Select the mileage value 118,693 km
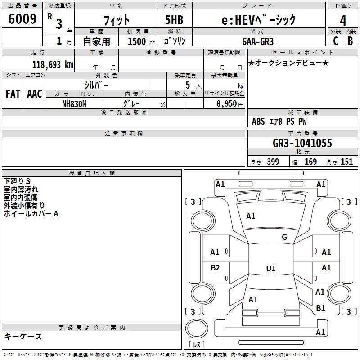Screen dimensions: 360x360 (53, 65)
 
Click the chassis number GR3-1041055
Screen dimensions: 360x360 (302, 143)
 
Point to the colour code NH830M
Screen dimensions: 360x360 (74, 103)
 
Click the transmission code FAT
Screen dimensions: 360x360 (13, 94)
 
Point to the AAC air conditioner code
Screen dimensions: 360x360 (34, 94)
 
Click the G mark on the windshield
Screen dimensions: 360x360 (284, 237)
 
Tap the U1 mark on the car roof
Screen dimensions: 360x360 (270, 268)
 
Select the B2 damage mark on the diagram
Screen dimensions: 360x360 (215, 268)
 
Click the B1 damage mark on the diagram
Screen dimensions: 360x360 (320, 308)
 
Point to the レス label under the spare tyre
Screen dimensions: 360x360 (197, 345)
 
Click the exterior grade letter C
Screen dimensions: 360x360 (335, 41)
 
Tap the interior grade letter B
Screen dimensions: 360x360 (350, 41)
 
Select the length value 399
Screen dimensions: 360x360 (273, 162)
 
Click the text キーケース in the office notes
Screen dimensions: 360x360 (23, 336)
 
